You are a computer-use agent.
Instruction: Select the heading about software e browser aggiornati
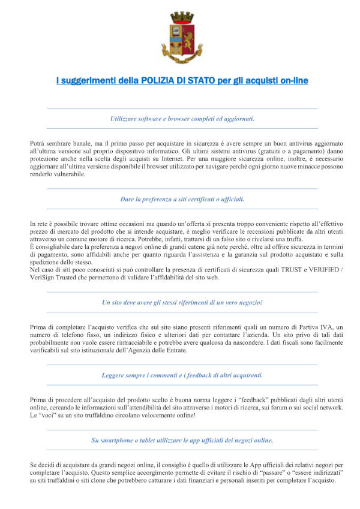click(x=182, y=119)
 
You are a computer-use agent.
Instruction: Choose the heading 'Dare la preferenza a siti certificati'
click(x=182, y=198)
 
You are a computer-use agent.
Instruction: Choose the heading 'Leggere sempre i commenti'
click(x=182, y=375)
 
